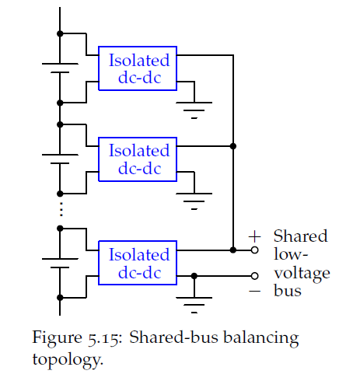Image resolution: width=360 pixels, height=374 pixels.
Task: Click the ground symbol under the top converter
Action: point(194,110)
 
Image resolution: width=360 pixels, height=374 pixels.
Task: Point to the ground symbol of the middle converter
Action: point(194,201)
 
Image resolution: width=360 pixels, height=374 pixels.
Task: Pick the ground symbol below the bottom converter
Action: point(194,305)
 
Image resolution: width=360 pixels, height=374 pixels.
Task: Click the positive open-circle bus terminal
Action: point(255,250)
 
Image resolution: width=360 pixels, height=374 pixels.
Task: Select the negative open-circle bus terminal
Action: point(255,276)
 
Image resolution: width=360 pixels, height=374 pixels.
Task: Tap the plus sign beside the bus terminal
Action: point(254,236)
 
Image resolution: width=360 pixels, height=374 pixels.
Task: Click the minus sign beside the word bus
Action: point(254,292)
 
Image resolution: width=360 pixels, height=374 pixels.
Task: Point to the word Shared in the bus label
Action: point(301,236)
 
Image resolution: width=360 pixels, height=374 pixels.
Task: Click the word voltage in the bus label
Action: point(302,274)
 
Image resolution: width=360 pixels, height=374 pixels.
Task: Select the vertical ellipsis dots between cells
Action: point(61,209)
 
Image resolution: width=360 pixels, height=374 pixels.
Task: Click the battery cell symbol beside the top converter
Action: point(60,68)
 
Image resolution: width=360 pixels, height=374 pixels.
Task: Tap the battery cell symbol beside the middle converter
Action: point(60,159)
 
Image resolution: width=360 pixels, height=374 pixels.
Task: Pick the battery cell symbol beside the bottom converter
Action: point(60,263)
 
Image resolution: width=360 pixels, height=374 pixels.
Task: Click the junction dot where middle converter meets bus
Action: point(233,146)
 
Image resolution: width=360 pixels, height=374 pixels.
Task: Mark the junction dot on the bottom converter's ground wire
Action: point(194,276)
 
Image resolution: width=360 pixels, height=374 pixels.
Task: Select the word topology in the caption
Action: point(68,360)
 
